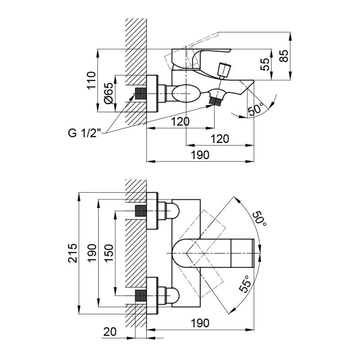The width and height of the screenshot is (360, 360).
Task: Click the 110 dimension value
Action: [91, 80]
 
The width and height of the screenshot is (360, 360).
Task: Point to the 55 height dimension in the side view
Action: [265, 64]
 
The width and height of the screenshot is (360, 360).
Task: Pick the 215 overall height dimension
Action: [72, 253]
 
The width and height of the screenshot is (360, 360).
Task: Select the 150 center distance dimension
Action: [109, 252]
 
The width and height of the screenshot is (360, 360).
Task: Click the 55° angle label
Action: [245, 283]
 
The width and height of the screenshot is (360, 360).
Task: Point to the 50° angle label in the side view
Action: [256, 108]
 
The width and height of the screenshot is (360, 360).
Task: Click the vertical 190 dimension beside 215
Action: [91, 253]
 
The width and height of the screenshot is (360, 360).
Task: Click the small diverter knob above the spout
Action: [224, 70]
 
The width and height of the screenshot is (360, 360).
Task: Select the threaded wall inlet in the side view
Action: [140, 95]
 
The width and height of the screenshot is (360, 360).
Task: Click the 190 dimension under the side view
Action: [201, 155]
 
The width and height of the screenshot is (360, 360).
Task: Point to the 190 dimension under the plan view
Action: [200, 323]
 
